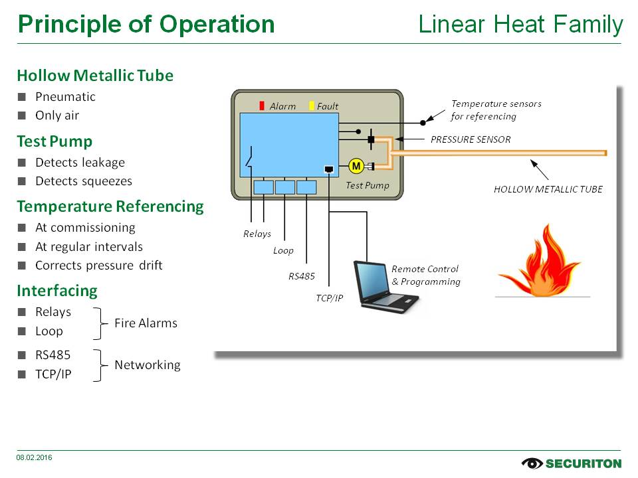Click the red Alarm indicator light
click(x=262, y=106)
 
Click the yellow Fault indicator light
click(x=312, y=106)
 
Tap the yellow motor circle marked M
click(x=356, y=165)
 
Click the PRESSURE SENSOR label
click(x=471, y=140)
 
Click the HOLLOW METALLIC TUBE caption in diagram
click(x=548, y=189)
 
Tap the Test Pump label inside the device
click(x=367, y=185)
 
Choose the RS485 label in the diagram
click(x=302, y=276)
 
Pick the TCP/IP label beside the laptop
click(x=329, y=298)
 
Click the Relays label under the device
click(x=257, y=234)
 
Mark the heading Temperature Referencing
click(x=110, y=206)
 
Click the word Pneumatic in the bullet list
click(x=65, y=97)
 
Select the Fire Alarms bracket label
click(x=146, y=323)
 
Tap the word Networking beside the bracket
click(x=148, y=365)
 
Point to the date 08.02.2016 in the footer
click(x=35, y=457)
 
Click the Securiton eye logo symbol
click(x=532, y=463)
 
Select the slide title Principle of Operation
click(x=146, y=25)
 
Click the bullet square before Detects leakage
click(x=21, y=163)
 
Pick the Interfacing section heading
click(x=57, y=291)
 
